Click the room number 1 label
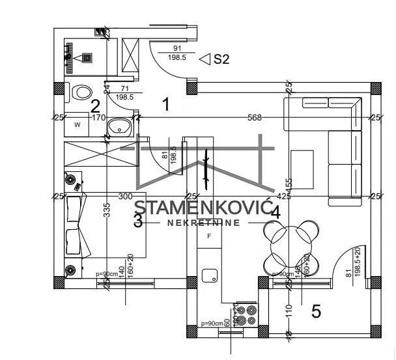tap(166, 104)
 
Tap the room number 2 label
tap(95, 106)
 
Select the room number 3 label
tap(137, 221)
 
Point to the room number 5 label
tap(316, 312)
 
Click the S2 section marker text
tap(222, 60)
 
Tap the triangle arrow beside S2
tap(204, 60)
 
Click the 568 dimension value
tap(255, 118)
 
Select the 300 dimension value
tap(125, 196)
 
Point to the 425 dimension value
tap(284, 196)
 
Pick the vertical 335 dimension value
tap(107, 210)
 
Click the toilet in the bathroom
tap(81, 92)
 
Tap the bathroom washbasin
tap(119, 127)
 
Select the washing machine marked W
tap(78, 123)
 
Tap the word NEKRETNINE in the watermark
tap(204, 223)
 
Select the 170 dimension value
tap(98, 118)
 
